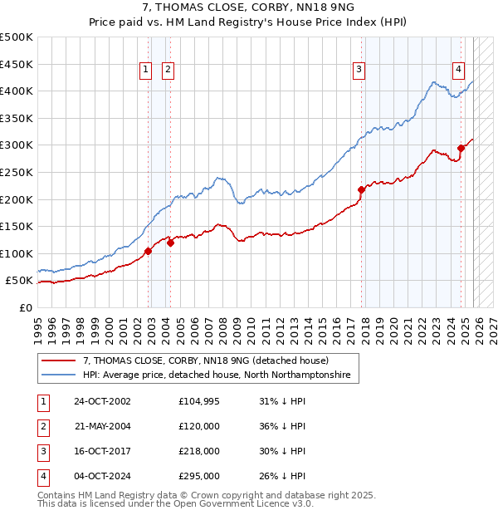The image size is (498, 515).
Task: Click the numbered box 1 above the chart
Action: click(145, 71)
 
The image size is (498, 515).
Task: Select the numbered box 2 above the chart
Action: click(168, 71)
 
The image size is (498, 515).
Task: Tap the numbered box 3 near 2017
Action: click(359, 71)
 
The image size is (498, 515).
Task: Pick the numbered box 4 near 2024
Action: click(458, 71)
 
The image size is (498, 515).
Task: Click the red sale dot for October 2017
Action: click(361, 189)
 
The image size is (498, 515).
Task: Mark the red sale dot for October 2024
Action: click(461, 148)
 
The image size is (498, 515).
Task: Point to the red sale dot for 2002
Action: click(149, 251)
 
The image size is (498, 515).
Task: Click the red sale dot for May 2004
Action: click(170, 243)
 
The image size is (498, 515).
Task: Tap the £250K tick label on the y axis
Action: click(17, 172)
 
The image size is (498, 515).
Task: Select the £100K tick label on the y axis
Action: click(17, 253)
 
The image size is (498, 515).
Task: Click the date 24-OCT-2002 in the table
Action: click(102, 401)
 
